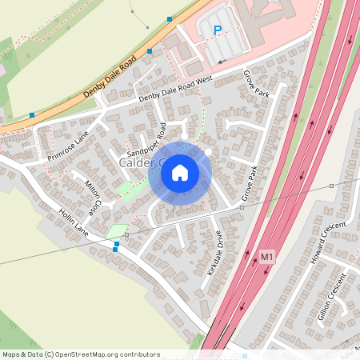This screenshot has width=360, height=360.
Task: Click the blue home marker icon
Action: pos(180,172)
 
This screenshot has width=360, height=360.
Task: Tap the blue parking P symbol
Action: pos(217,31)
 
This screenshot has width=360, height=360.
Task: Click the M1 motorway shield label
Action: pos(267,257)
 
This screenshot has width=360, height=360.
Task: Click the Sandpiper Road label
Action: pos(147,141)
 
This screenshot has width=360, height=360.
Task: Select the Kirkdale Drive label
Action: pos(214,253)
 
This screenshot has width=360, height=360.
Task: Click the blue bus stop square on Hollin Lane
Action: pos(115,249)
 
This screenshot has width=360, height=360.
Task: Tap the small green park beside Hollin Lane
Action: pos(117,231)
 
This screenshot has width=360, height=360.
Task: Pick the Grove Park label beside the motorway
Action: pos(250,183)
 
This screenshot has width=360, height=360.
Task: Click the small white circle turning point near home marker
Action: pos(209,151)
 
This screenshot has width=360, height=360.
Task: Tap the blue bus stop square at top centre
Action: pos(170,18)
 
